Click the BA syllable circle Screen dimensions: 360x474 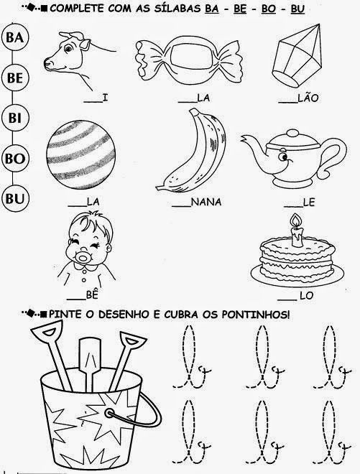15,37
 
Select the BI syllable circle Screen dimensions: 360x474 15,118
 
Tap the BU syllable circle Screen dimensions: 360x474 15,199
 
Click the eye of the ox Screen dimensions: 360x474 69,48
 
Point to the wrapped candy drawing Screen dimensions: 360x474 190,59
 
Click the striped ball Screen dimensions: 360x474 80,155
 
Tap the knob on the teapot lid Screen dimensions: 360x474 292,134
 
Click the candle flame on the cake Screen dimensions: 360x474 295,220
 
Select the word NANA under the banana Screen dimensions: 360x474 206,202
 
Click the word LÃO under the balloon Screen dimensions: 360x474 308,98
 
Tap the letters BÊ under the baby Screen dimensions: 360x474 92,294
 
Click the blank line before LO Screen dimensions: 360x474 287,300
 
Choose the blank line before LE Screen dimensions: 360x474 293,207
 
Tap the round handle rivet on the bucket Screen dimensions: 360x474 109,413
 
